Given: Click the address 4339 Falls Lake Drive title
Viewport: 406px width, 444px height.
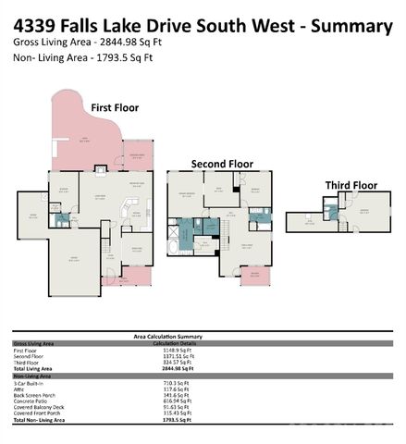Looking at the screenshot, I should point(203,25).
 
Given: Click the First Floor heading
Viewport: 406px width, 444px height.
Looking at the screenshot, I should point(114,107).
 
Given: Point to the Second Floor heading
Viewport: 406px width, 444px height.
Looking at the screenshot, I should point(221,163).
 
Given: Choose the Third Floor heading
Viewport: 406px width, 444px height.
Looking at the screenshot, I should point(351,185).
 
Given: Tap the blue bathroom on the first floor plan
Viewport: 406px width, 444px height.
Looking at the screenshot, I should point(62,221).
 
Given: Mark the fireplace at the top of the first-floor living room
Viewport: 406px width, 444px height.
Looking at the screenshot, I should point(101,169).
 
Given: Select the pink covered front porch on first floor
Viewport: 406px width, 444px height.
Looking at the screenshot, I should point(138,276).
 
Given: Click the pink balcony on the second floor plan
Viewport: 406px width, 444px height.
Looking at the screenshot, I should point(252,275).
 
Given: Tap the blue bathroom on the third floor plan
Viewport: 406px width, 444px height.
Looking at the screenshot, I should point(332,212).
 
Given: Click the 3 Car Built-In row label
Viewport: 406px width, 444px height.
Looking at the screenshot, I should point(31,381).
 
